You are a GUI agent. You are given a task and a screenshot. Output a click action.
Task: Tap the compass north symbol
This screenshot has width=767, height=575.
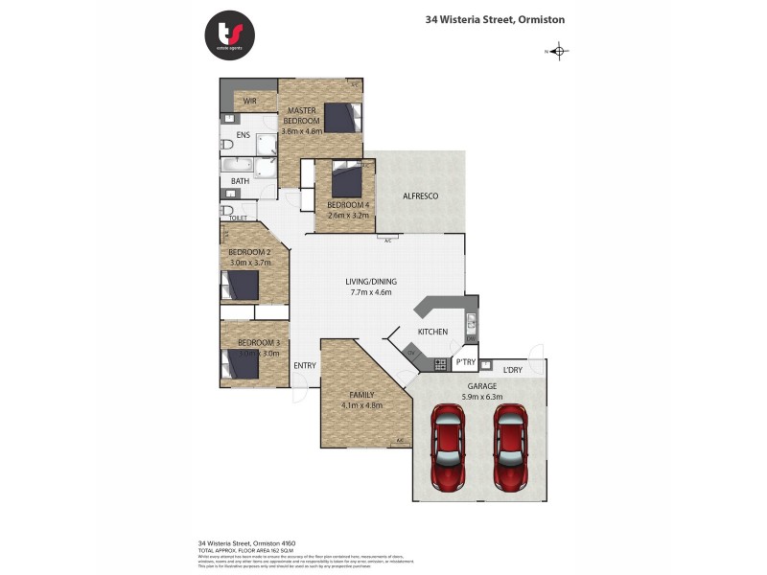[560, 52]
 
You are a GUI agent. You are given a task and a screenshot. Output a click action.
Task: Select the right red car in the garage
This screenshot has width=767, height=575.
[510, 445]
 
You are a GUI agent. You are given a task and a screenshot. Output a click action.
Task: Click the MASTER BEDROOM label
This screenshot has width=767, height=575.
[303, 116]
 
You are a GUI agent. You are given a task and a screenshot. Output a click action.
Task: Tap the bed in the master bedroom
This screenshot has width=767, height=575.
[342, 117]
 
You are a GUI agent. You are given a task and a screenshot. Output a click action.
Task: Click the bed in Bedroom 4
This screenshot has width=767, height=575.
[346, 180]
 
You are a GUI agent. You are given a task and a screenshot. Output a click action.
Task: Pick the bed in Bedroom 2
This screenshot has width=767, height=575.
[240, 286]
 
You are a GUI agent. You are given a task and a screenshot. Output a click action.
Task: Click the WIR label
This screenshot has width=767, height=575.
[249, 101]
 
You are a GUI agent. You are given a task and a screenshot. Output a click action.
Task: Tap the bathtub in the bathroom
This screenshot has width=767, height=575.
[238, 164]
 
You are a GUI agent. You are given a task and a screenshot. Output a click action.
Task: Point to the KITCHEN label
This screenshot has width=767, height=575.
[432, 332]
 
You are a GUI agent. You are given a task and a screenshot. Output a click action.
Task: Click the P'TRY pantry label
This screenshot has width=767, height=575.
[465, 362]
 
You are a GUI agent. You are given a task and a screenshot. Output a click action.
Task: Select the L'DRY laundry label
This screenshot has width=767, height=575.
[513, 369]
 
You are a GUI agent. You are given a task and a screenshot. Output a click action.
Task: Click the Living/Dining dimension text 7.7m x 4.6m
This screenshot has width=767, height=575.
[371, 292]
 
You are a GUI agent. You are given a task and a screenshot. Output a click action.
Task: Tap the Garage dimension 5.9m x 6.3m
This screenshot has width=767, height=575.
[481, 396]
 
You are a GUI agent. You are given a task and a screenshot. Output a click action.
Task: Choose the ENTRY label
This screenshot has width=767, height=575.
[305, 365]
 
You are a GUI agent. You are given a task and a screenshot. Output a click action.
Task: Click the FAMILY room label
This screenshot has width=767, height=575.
[361, 394]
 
